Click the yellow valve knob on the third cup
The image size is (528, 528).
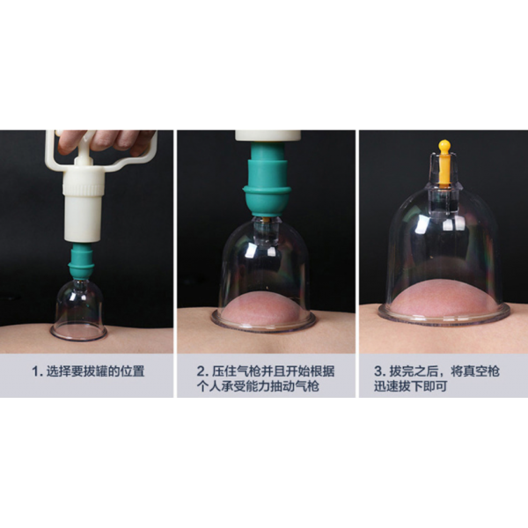(444, 162)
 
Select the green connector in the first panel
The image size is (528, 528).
(81, 261)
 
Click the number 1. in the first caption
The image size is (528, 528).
(37, 371)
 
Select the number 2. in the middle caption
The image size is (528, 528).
(202, 371)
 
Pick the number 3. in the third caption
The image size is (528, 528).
(380, 371)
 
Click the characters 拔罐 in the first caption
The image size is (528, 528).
(95, 371)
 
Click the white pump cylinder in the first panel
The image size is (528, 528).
(83, 204)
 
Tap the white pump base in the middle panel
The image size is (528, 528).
(268, 136)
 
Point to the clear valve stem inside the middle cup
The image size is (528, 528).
(267, 232)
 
